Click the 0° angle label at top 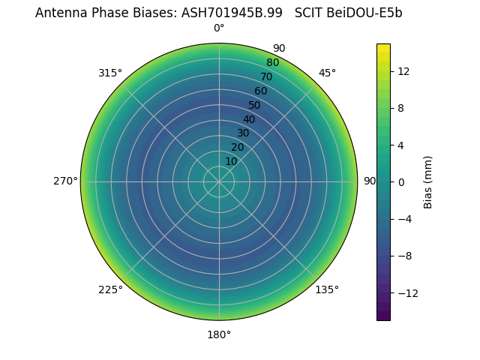coord(219,28)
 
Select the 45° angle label coord(327,73)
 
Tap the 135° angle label coord(327,289)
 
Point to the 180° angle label coord(219,334)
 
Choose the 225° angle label coord(110,289)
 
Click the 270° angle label coord(65,181)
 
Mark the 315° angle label coord(110,73)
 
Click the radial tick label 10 coord(231,161)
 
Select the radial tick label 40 coord(249,119)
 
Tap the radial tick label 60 coord(261,91)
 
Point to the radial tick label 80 coord(273,62)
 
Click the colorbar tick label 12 coord(403,71)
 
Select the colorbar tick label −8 coord(403,256)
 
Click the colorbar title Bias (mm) coord(428,182)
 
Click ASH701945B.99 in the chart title coord(232,13)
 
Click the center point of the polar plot coord(219,181)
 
